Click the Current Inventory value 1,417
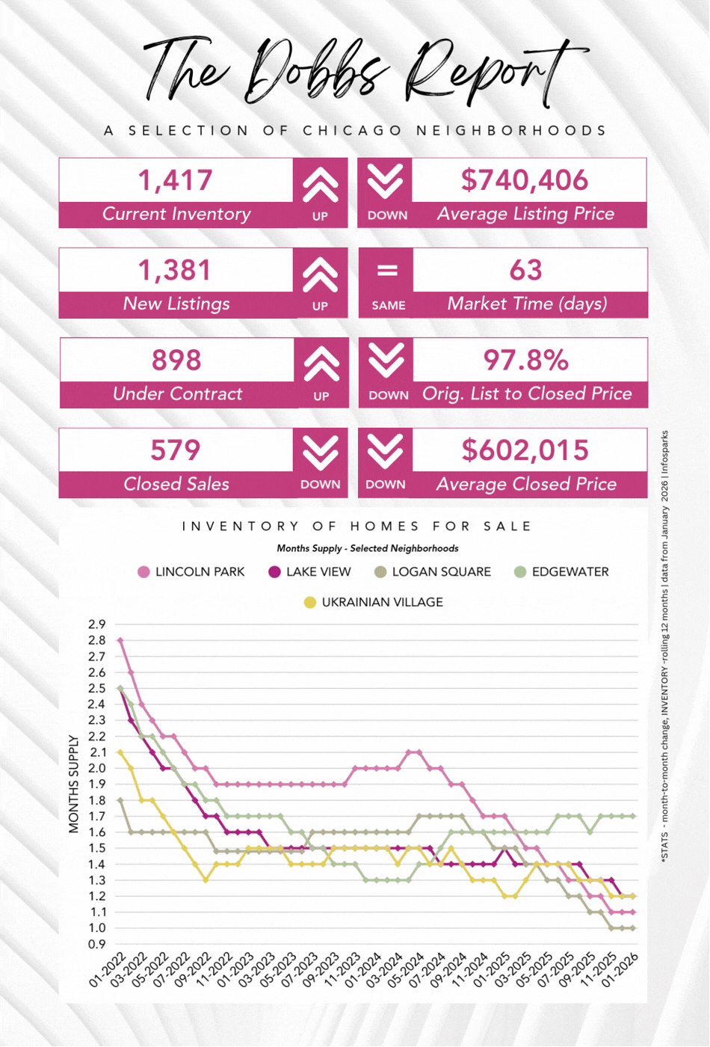point(176,180)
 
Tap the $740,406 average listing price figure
point(525,180)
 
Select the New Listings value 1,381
point(176,270)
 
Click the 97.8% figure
point(525,360)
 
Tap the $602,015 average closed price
point(525,450)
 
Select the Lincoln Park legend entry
point(191,572)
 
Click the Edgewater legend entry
point(561,572)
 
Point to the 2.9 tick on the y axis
point(97,624)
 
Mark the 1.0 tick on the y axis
point(97,928)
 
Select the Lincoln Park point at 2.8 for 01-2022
point(120,640)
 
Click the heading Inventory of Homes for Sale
point(357,526)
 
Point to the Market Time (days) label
point(526,304)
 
